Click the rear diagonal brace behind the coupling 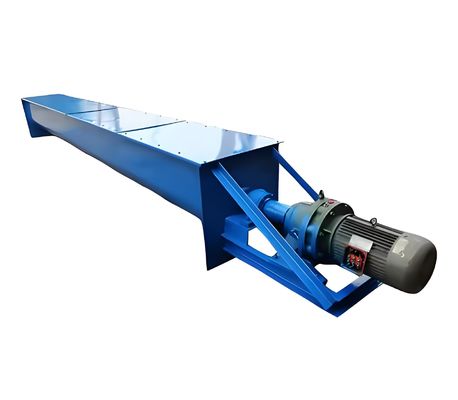[x=295, y=180]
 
